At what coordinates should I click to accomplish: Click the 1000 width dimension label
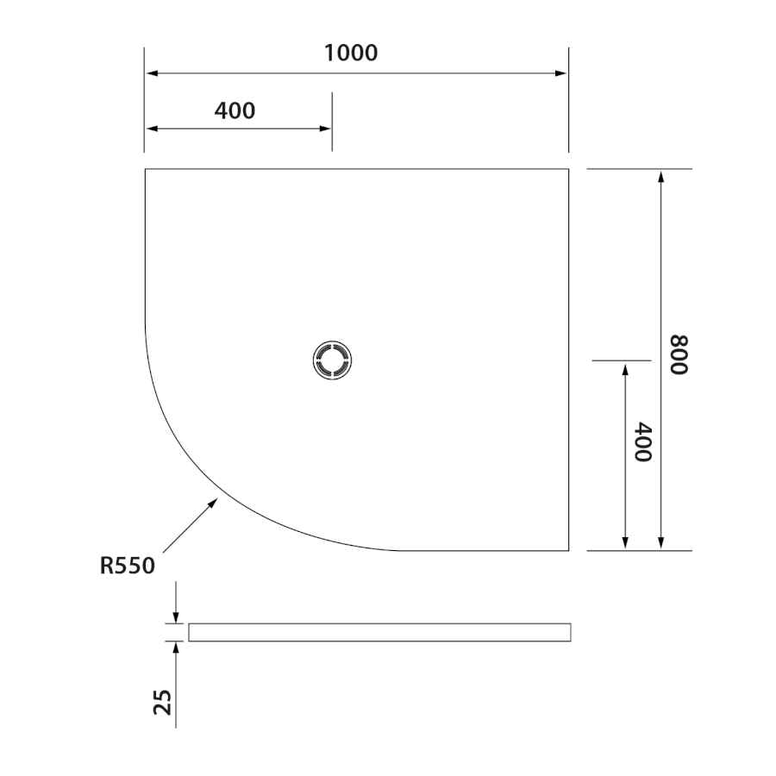pyautogui.click(x=351, y=53)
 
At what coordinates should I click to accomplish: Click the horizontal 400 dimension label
pyautogui.click(x=235, y=111)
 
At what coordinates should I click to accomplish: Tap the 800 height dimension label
pyautogui.click(x=679, y=355)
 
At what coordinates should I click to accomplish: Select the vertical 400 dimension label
pyautogui.click(x=643, y=442)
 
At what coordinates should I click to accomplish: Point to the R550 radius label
pyautogui.click(x=128, y=566)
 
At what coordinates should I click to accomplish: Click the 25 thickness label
pyautogui.click(x=162, y=702)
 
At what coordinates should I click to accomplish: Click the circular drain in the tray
pyautogui.click(x=333, y=360)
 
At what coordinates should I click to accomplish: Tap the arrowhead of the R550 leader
pyautogui.click(x=213, y=503)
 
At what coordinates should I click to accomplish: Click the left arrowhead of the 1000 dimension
pyautogui.click(x=153, y=73)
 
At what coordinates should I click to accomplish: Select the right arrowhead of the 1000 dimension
pyautogui.click(x=560, y=73)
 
